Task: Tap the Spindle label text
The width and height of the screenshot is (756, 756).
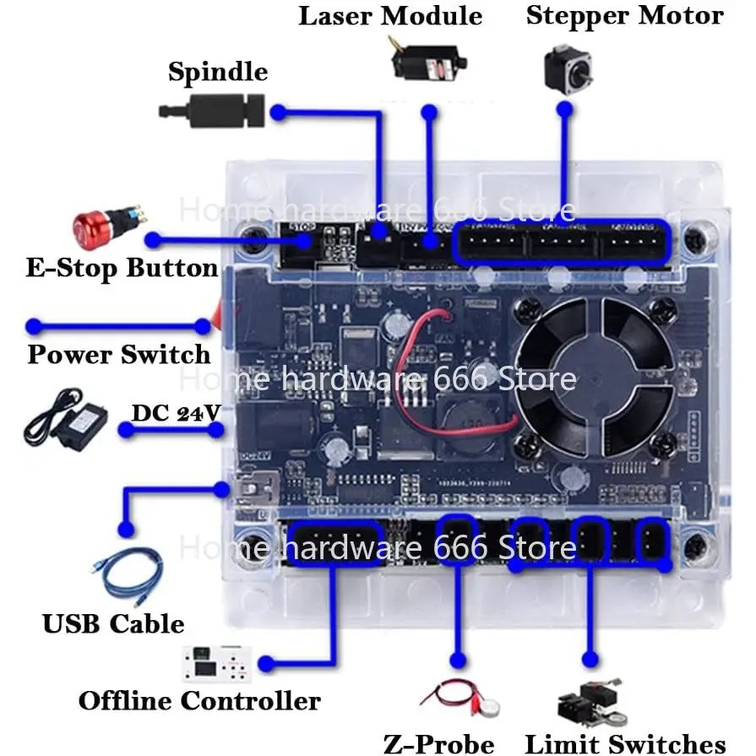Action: pos(218,72)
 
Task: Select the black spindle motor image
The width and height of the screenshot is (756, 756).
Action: pos(211,111)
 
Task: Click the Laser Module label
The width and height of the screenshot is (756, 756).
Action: pos(389,16)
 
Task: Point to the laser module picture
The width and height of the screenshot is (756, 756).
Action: pos(427,58)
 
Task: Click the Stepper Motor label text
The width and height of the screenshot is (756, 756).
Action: pos(624,16)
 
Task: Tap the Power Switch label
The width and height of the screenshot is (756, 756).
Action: pos(118,354)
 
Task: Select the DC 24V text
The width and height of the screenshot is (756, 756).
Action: pos(176,413)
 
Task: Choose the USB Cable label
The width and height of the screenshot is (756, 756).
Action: pos(113,624)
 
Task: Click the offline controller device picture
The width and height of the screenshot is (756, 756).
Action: pos(217,665)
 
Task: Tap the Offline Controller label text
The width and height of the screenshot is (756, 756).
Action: pos(199,700)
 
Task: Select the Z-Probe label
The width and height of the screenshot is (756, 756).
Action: pos(439,742)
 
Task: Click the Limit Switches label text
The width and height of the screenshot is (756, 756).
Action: pos(625,744)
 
